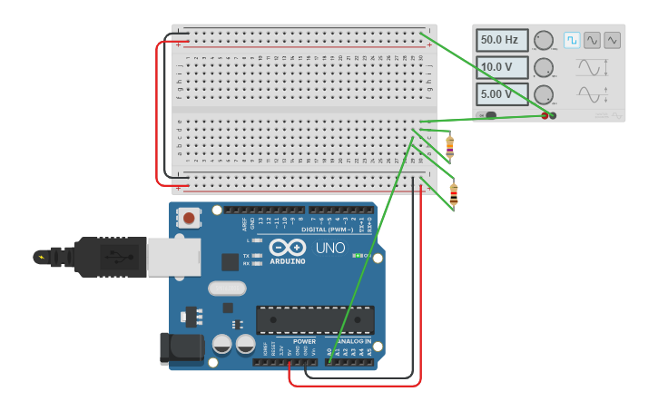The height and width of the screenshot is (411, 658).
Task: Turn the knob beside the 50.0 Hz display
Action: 544,40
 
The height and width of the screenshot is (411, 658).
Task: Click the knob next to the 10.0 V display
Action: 544,67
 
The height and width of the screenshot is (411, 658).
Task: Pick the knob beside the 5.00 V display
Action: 544,94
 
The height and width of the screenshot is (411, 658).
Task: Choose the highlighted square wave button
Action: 572,40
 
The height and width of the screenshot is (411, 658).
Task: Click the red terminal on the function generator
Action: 545,115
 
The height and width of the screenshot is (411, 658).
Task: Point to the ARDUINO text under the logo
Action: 287,261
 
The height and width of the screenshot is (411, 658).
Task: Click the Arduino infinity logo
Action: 287,247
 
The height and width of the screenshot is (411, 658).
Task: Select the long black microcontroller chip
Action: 315,319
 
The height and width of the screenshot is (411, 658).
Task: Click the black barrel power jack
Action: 180,348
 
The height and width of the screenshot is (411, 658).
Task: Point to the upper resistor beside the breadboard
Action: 449,145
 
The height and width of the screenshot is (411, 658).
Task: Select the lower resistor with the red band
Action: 454,193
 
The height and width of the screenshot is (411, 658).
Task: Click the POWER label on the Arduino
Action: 303,342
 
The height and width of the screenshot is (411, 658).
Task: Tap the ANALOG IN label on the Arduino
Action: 355,342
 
